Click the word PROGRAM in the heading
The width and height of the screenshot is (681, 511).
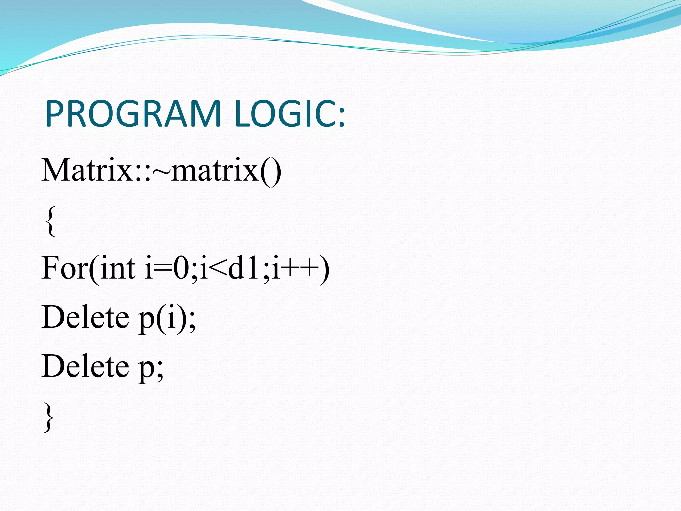tap(133, 114)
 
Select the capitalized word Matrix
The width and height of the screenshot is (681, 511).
tap(87, 170)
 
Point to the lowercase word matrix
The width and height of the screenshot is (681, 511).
tap(215, 170)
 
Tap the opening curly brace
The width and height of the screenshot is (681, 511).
tap(50, 221)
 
